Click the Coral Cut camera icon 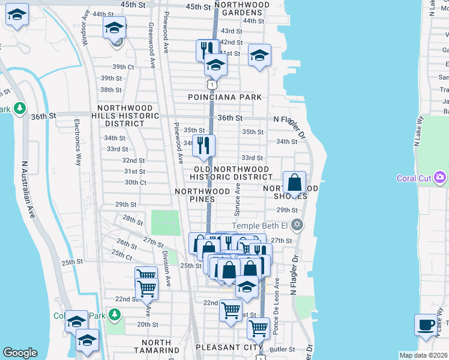point(441,178)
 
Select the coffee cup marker point(426,325)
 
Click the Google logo point(20,353)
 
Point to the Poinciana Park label point(224,97)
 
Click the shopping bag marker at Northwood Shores point(294,182)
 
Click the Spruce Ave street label point(238,200)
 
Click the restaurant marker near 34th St point(204,145)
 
